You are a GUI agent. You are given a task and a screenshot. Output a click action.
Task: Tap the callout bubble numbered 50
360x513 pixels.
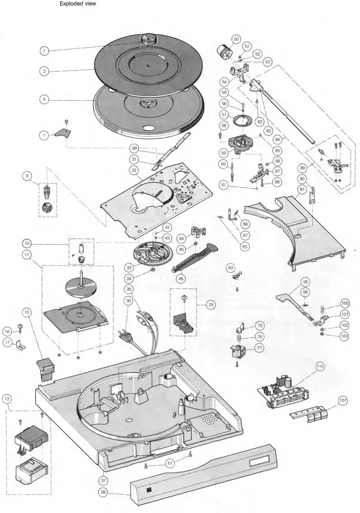pyautogui.click(x=236, y=39)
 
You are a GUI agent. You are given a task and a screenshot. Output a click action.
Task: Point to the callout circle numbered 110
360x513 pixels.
pyautogui.click(x=320, y=366)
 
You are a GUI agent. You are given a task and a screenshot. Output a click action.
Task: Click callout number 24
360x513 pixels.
pyautogui.click(x=210, y=305)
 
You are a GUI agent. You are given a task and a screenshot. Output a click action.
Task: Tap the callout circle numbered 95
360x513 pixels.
pyautogui.click(x=305, y=282)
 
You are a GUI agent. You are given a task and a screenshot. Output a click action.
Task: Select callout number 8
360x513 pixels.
pyautogui.click(x=28, y=176)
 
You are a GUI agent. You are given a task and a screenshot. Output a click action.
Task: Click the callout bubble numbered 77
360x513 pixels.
pyautogui.click(x=259, y=348)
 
